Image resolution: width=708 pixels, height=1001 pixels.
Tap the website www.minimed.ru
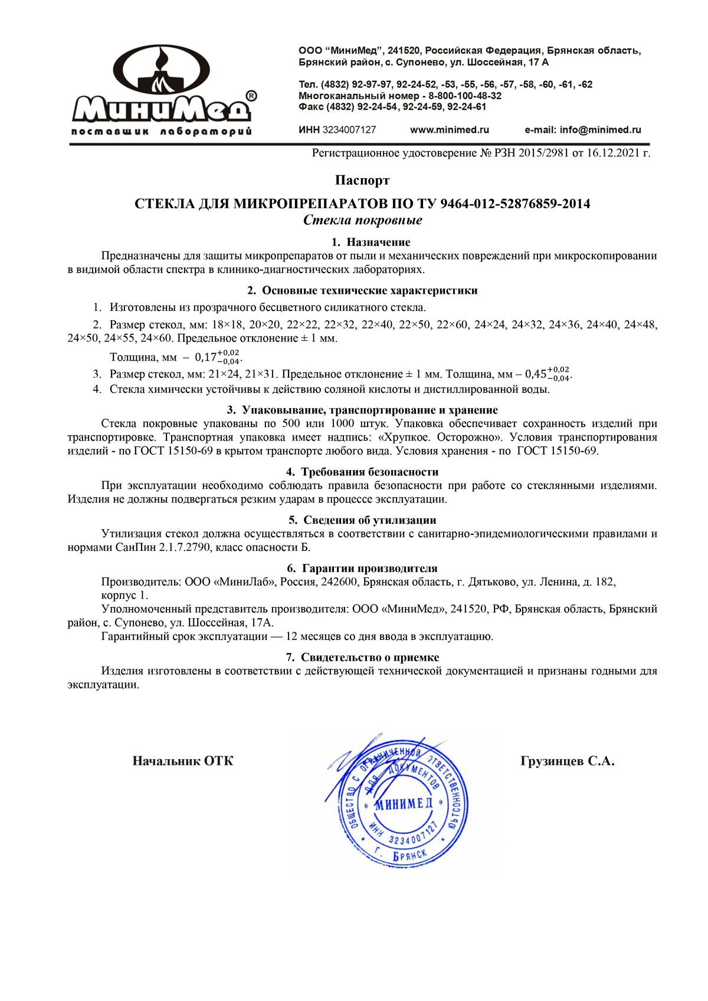(x=449, y=130)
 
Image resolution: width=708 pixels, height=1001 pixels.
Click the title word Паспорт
(x=362, y=180)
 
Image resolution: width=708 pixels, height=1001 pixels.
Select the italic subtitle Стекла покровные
(x=362, y=220)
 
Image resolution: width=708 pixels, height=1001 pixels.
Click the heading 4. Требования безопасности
(x=362, y=472)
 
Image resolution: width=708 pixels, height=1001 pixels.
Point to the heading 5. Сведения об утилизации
(x=362, y=520)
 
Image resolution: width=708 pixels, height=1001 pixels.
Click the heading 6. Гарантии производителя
(x=362, y=569)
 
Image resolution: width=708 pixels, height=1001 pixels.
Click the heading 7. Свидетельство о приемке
(x=362, y=657)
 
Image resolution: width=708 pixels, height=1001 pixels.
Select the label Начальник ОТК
(x=182, y=761)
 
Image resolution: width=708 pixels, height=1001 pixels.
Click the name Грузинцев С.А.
(x=567, y=761)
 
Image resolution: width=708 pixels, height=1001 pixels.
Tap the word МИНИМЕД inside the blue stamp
(x=404, y=804)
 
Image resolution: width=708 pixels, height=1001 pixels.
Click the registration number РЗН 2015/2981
(x=532, y=153)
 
